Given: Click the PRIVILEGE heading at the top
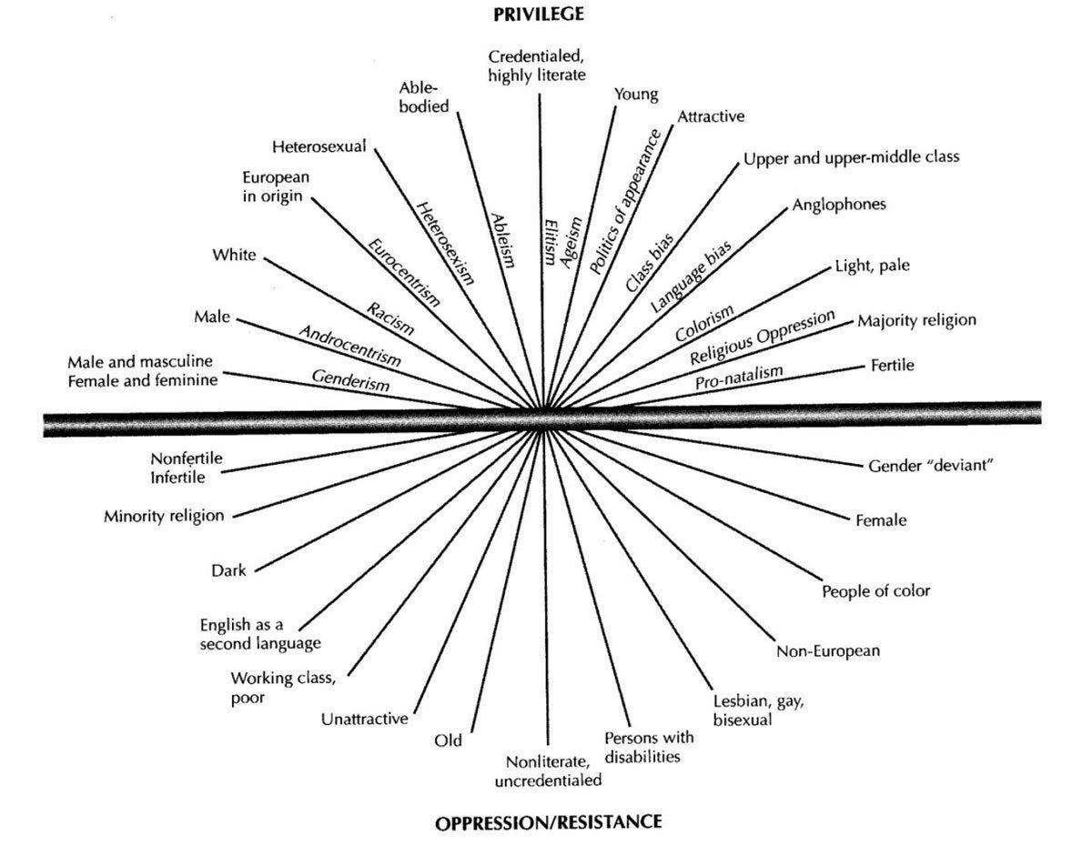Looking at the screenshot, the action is (x=538, y=15).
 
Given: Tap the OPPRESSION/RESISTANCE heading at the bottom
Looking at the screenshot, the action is (x=548, y=823).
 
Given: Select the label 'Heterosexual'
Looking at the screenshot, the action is (x=319, y=146).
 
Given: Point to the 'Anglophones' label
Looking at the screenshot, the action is (x=839, y=205).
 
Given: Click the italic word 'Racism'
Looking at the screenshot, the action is (x=390, y=318).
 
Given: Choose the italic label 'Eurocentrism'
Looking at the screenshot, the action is (x=404, y=272).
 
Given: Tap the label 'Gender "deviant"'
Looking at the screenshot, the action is (x=931, y=466).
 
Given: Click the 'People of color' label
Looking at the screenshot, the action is (x=876, y=590).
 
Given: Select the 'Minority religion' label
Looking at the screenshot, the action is (x=164, y=516).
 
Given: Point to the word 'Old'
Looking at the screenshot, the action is (x=449, y=740).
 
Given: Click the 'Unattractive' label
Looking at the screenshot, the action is (x=364, y=719).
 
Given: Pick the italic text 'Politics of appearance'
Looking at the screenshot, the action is (x=624, y=201).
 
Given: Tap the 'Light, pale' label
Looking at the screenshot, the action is (x=873, y=266).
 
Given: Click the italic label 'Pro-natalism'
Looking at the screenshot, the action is (x=739, y=378).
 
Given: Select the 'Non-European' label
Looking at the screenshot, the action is (x=828, y=651).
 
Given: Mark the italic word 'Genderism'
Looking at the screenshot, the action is (x=350, y=380).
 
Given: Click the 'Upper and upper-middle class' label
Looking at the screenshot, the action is (x=851, y=157).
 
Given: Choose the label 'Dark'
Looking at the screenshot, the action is (x=228, y=570).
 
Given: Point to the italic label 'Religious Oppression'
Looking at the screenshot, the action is (x=763, y=337).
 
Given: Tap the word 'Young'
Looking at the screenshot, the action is (x=636, y=95).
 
